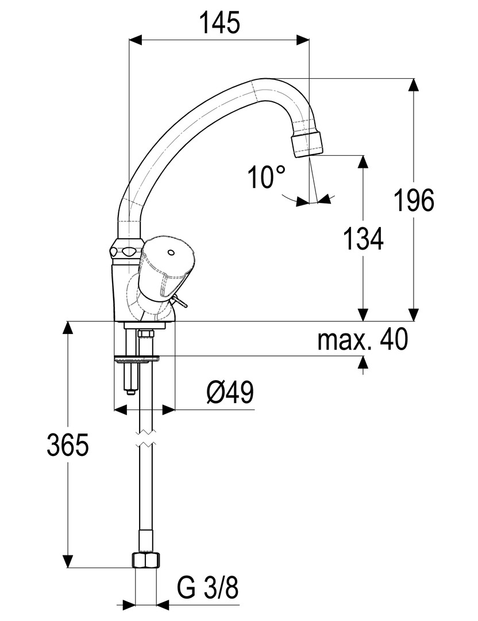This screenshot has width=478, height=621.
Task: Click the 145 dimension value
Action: point(218,24)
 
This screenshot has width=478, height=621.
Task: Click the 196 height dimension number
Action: point(414,201)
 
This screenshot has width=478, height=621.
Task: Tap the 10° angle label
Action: point(267,177)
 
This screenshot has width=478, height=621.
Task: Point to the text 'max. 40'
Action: point(363,340)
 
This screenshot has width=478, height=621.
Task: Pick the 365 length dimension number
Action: point(68,446)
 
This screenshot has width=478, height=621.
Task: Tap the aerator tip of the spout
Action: point(307,145)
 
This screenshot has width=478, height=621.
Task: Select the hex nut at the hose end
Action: point(146,561)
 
